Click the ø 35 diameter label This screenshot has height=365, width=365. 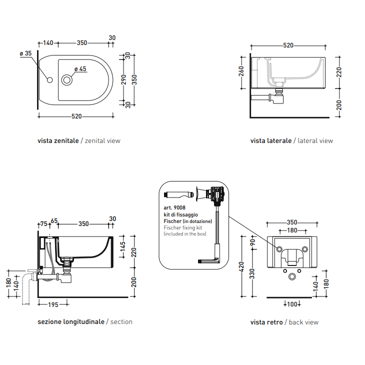tap(25, 53)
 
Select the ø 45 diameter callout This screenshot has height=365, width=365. tap(80, 69)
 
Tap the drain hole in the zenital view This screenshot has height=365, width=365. tap(67, 80)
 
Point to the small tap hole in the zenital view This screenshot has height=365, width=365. tap(50, 80)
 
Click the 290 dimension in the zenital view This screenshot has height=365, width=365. tap(124, 80)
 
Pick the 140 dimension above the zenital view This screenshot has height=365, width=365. tap(48, 43)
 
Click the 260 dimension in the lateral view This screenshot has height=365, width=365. tap(241, 71)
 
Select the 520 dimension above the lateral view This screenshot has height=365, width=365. tap(288, 45)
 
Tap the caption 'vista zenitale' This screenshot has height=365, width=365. tap(58, 140)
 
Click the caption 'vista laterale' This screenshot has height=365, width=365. tap(271, 140)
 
